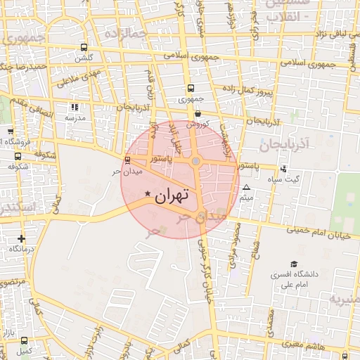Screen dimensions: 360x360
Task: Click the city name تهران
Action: coord(172,195)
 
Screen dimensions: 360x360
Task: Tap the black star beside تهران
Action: coord(148,193)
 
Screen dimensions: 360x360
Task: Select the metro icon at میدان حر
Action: coord(127,160)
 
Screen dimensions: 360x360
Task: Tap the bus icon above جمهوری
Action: coord(191,89)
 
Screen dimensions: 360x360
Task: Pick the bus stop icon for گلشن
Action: coord(84,48)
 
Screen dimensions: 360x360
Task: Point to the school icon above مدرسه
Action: coord(75,107)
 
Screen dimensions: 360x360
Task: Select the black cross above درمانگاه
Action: coord(21,238)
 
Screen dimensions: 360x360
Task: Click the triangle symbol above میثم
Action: coord(246,188)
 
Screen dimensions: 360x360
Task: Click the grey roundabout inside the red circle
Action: coord(196,162)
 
